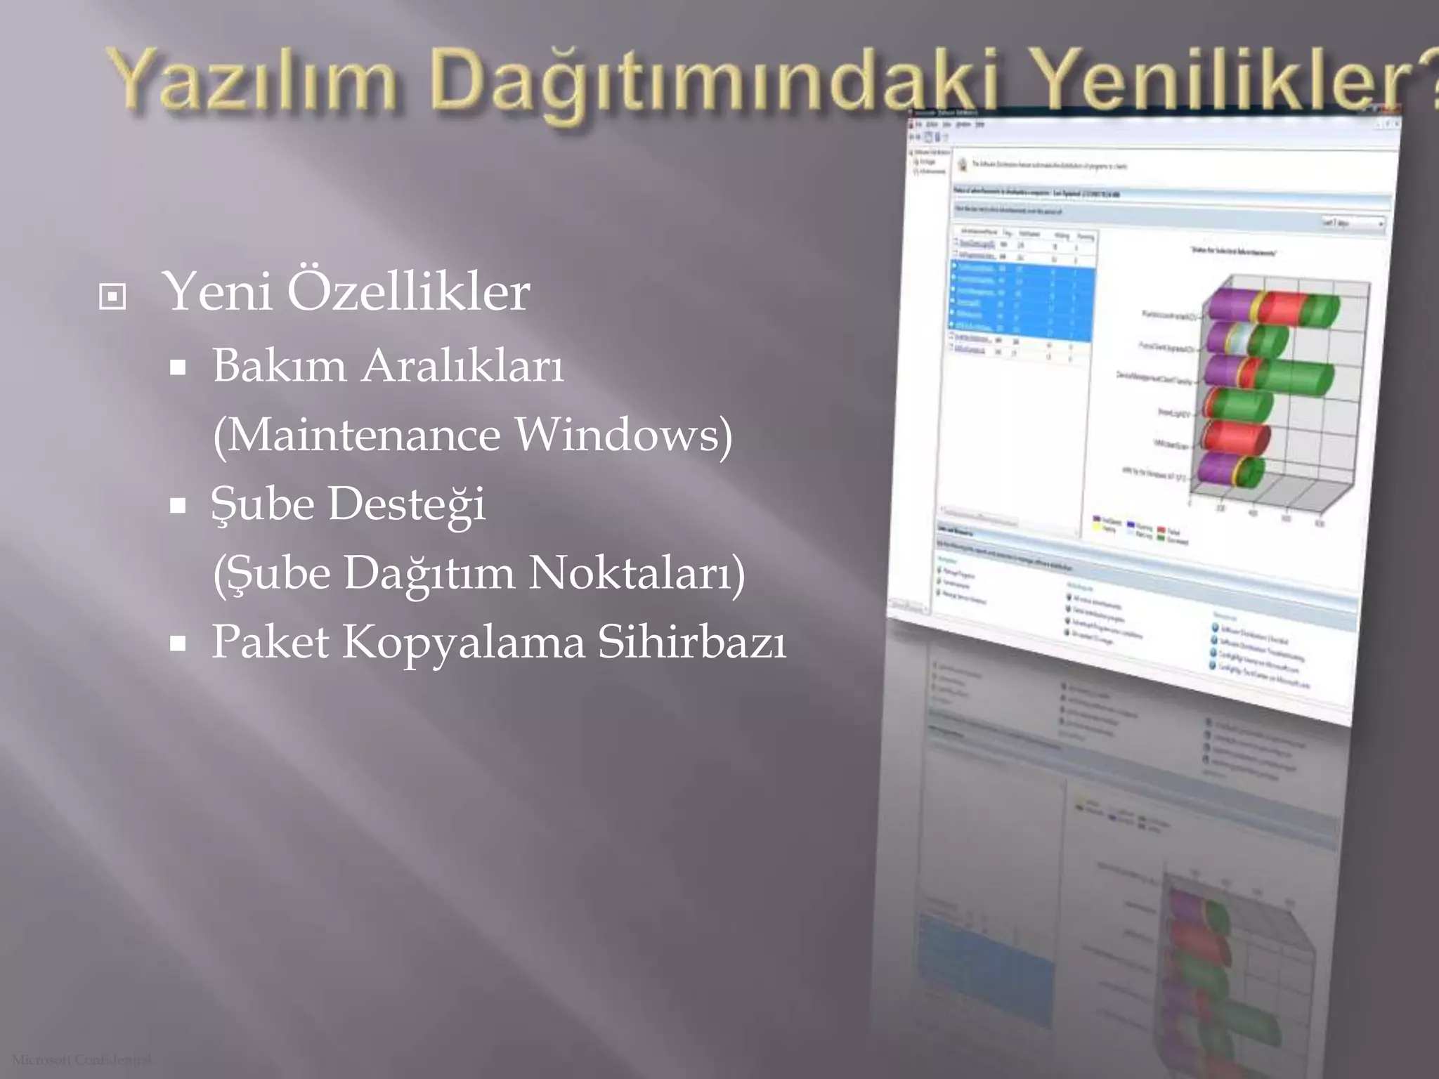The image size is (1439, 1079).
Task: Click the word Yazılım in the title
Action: click(253, 81)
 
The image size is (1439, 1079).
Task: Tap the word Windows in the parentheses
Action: click(623, 434)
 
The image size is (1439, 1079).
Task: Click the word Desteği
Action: click(407, 504)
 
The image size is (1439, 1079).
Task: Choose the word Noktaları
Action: click(636, 573)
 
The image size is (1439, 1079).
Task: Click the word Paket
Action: click(271, 641)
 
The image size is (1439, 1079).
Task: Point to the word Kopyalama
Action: click(464, 641)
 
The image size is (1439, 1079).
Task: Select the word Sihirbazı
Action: click(691, 641)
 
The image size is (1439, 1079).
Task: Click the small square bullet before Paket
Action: click(178, 643)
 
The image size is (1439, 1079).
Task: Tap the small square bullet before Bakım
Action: click(178, 367)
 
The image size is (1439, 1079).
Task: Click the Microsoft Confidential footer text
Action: click(82, 1059)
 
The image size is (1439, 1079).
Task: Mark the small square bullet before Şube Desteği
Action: click(178, 505)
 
